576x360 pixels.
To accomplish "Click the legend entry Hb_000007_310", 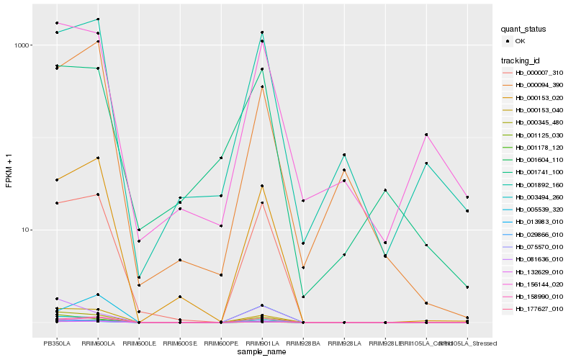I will click(534, 73).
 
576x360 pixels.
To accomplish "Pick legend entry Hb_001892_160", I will click(534, 184).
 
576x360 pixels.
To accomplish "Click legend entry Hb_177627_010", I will click(534, 309).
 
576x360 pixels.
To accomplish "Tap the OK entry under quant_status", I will click(520, 41).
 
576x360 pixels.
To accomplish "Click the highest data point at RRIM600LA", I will click(98, 19).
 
